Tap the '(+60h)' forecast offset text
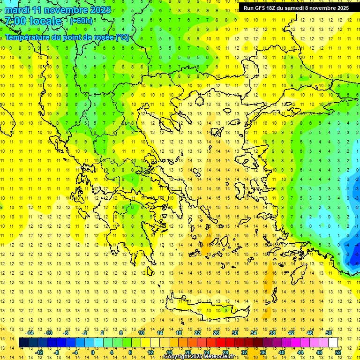click(81, 21)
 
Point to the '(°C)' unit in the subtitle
click(123, 37)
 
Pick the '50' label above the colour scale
click(329, 333)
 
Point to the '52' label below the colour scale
click(338, 352)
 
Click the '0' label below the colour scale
click(93, 352)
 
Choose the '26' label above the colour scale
click(216, 333)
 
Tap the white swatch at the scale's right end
click(333, 342)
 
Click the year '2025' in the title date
click(100, 10)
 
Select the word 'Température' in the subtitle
click(27, 37)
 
